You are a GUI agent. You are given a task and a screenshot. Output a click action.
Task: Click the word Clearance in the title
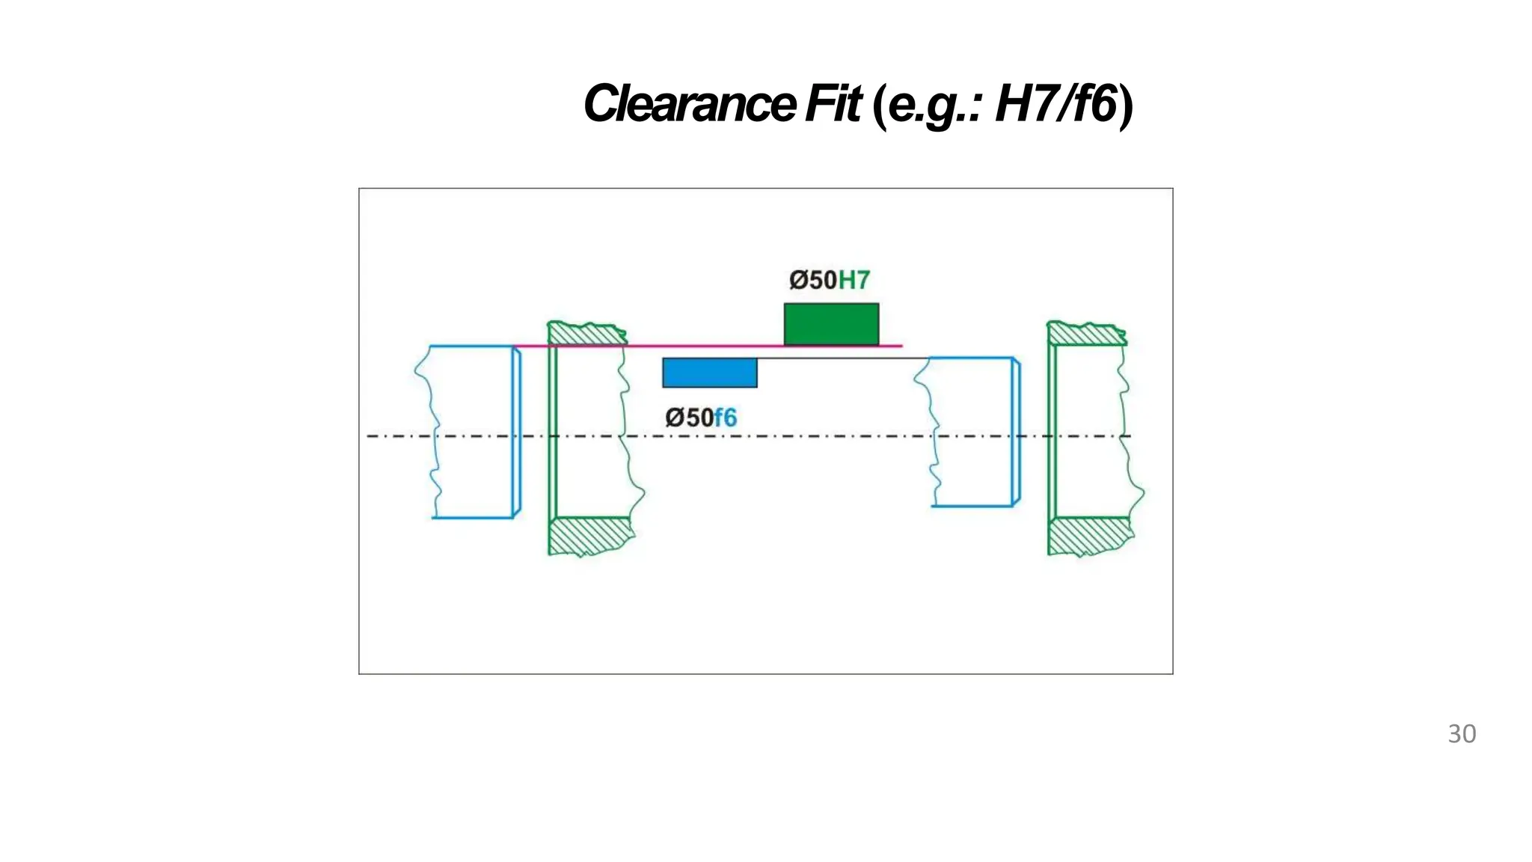point(689,104)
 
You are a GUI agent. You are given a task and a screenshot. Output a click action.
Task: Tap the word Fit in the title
point(833,104)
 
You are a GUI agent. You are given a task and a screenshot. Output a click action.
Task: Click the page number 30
point(1462,734)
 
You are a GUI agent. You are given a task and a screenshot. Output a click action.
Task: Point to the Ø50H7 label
point(830,281)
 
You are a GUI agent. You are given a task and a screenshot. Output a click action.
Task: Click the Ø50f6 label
point(701,418)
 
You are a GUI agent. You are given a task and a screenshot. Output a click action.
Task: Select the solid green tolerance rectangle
point(831,324)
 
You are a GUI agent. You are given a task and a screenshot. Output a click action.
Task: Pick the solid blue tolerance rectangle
point(709,373)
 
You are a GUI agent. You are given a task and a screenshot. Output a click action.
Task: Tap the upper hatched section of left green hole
point(587,334)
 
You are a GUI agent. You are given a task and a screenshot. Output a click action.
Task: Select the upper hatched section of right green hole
point(1086,334)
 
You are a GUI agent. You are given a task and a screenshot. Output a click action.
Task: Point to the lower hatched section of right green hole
point(1089,536)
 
